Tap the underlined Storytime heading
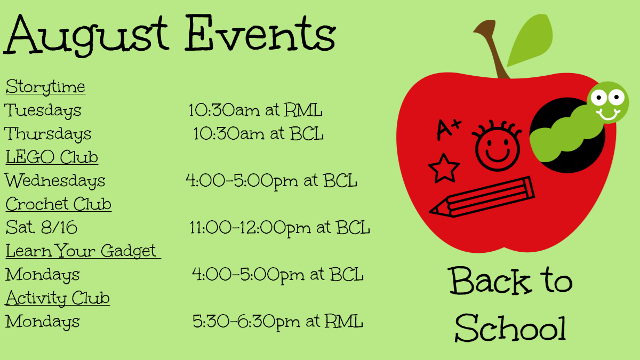[x=45, y=87]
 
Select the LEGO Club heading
[x=52, y=157]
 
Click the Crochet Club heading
[x=59, y=204]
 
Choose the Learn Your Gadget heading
[x=83, y=251]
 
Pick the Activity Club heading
[x=58, y=298]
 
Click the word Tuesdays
[x=43, y=110]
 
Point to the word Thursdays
[x=47, y=134]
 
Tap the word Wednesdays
[x=55, y=181]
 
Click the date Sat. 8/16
[x=42, y=227]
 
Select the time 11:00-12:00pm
[x=250, y=228]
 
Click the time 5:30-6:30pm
[x=246, y=322]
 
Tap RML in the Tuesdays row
[x=303, y=110]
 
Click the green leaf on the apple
[x=530, y=40]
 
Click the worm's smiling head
[x=607, y=102]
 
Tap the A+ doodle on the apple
[x=449, y=129]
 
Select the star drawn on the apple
[x=444, y=169]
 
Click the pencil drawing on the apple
[x=482, y=197]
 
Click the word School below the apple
[x=510, y=328]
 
